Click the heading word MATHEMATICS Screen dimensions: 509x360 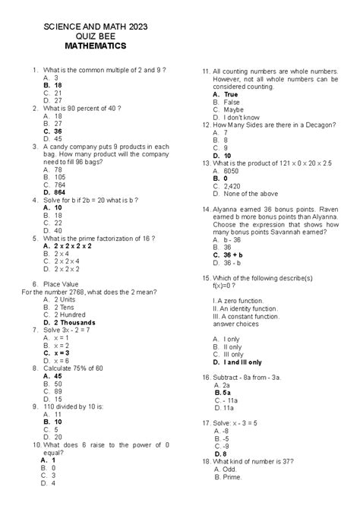(95, 46)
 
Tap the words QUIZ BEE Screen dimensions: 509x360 (96, 36)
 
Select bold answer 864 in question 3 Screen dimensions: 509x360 (60, 193)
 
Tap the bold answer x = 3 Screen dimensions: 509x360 (62, 353)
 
